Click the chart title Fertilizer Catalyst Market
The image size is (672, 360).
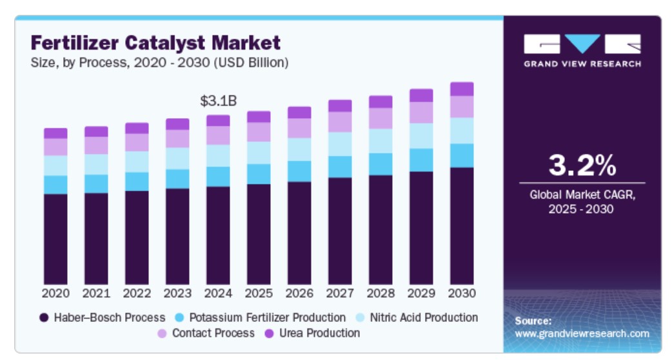(x=155, y=43)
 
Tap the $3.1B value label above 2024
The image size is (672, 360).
(x=218, y=101)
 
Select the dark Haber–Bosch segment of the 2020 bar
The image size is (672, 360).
(x=55, y=239)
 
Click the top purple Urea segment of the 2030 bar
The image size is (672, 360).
(x=462, y=89)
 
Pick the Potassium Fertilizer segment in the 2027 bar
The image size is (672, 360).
(x=340, y=166)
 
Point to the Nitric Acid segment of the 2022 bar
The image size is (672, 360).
(x=137, y=161)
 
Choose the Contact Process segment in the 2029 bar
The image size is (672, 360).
(x=421, y=112)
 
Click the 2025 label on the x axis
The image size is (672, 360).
(x=259, y=293)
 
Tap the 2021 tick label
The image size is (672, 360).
(x=96, y=293)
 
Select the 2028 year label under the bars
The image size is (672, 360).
(x=380, y=293)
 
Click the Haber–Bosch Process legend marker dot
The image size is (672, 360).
(x=44, y=318)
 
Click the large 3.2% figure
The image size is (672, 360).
(x=582, y=166)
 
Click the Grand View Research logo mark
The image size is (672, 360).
(x=582, y=44)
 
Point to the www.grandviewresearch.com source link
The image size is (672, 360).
(x=582, y=334)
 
